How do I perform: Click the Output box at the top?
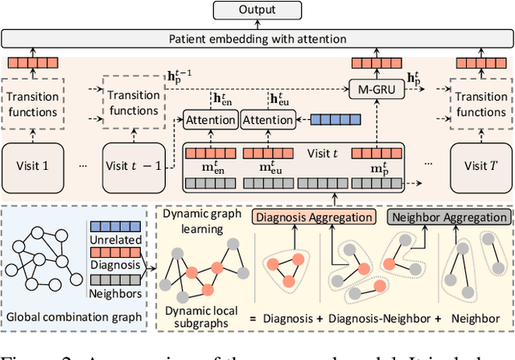(257, 11)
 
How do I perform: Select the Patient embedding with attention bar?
(257, 38)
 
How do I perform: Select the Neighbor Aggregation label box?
(449, 217)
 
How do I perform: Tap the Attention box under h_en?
(210, 120)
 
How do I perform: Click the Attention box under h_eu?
(268, 120)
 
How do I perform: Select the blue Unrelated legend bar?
(115, 229)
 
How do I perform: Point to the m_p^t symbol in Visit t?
(377, 169)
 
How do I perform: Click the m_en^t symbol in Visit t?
(211, 169)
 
